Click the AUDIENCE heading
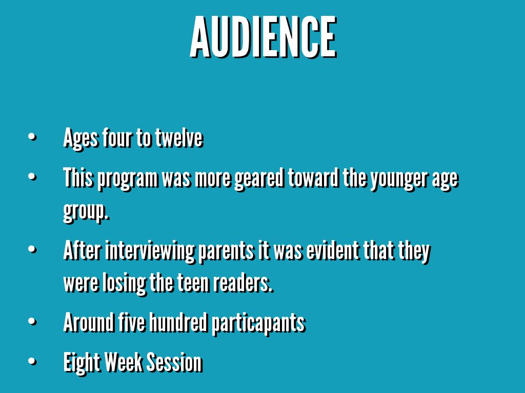(x=263, y=37)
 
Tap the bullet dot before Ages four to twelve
(x=32, y=137)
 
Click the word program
(x=128, y=179)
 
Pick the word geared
(x=259, y=179)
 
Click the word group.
(x=86, y=212)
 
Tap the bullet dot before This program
(x=32, y=177)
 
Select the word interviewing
(x=150, y=251)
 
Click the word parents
(x=226, y=251)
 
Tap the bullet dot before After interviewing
(x=32, y=249)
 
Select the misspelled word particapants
(x=258, y=323)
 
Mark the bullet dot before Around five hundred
(x=32, y=321)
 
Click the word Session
(x=174, y=362)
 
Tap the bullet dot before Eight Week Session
(x=32, y=361)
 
